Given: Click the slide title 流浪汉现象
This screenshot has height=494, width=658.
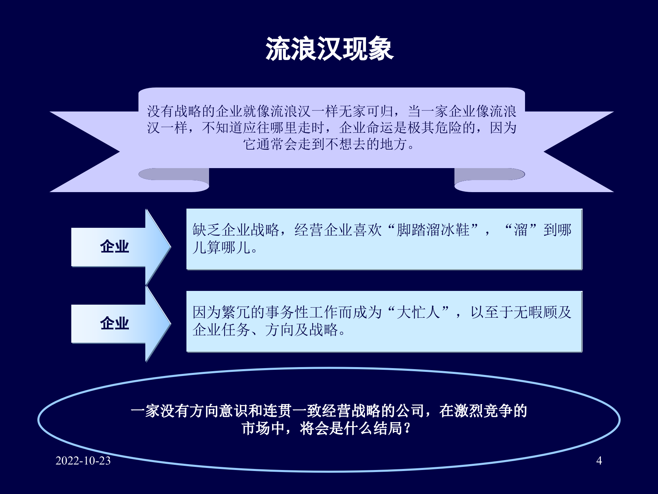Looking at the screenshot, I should [329, 49].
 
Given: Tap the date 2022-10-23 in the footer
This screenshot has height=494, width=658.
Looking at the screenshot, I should [83, 460].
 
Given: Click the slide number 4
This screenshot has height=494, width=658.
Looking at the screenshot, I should [599, 460].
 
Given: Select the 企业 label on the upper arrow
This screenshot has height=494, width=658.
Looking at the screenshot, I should [114, 247].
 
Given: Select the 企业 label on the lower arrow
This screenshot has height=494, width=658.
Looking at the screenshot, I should [114, 324].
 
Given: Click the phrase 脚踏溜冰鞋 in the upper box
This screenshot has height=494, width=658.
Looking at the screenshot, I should [433, 230].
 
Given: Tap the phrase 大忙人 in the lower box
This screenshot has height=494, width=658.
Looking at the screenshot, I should [418, 312].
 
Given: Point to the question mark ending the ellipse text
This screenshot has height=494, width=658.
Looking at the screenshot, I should [407, 428].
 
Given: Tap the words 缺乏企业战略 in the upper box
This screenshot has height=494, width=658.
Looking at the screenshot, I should [236, 230].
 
